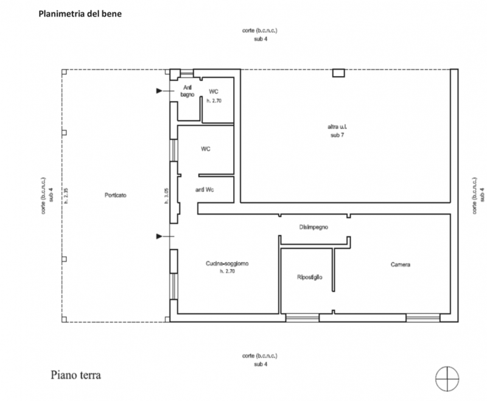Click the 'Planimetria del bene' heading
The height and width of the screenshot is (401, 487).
(80, 14)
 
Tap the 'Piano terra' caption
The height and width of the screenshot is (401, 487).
(75, 375)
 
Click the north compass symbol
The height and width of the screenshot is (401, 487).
(447, 379)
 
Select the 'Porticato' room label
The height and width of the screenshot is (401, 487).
(116, 195)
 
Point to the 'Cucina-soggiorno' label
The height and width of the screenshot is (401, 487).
(227, 263)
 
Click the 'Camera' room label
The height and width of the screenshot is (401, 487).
(401, 265)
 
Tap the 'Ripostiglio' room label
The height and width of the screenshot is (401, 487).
(310, 277)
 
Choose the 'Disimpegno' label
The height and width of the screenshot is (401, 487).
(314, 227)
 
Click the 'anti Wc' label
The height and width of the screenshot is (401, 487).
(205, 190)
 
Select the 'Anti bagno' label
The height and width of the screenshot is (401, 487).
(187, 91)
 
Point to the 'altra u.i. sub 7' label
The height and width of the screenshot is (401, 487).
(337, 131)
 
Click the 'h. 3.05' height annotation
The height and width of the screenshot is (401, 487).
(166, 196)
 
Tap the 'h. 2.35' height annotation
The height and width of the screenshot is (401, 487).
(66, 196)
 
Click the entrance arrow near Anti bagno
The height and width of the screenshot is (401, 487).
(165, 91)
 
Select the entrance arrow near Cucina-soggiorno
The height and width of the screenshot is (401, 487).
(165, 237)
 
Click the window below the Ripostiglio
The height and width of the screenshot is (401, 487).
(302, 318)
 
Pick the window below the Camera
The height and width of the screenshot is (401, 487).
(422, 318)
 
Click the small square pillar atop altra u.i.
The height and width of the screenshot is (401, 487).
(338, 73)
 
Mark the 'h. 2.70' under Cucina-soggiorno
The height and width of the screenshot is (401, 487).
(227, 271)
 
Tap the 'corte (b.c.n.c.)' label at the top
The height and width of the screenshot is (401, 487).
(260, 30)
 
